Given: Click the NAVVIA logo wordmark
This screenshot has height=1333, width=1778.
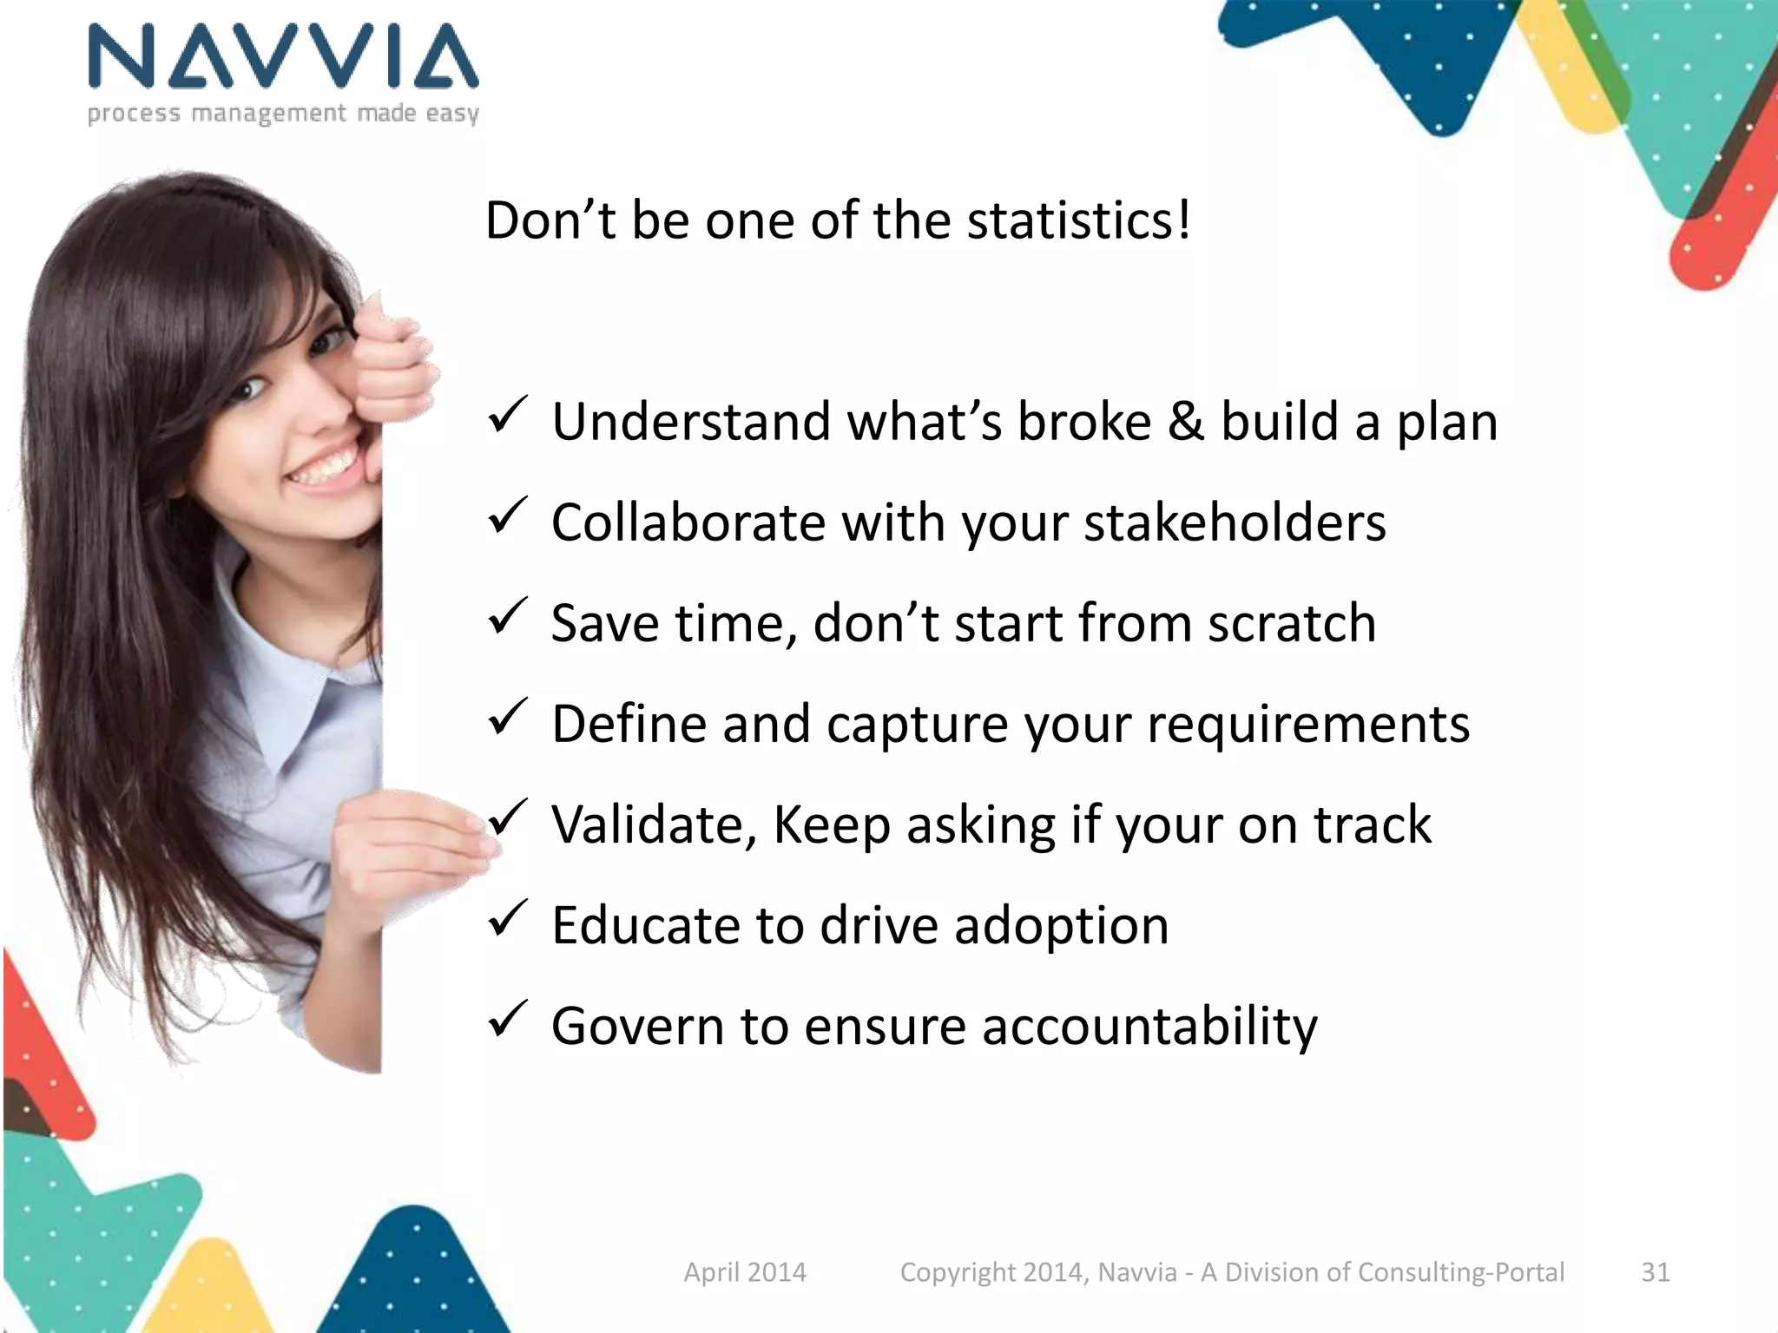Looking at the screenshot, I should pyautogui.click(x=283, y=56).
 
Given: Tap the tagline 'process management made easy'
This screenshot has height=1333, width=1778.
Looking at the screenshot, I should pyautogui.click(x=283, y=114).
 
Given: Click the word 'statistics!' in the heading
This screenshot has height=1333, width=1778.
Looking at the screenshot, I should pyautogui.click(x=1079, y=220).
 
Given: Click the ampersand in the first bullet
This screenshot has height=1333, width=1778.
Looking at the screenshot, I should pyautogui.click(x=1186, y=423).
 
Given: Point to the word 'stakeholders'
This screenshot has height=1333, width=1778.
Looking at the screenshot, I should pyautogui.click(x=1235, y=523).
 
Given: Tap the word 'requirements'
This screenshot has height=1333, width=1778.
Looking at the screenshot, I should pyautogui.click(x=1308, y=725).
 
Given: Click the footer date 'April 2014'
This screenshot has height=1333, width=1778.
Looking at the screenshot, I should pyautogui.click(x=745, y=1272).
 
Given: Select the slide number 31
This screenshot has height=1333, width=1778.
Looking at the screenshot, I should pyautogui.click(x=1655, y=1272).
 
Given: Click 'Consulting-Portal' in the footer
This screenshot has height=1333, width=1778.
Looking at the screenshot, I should pyautogui.click(x=1460, y=1272).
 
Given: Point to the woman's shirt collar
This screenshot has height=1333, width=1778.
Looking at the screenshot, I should pyautogui.click(x=295, y=686).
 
